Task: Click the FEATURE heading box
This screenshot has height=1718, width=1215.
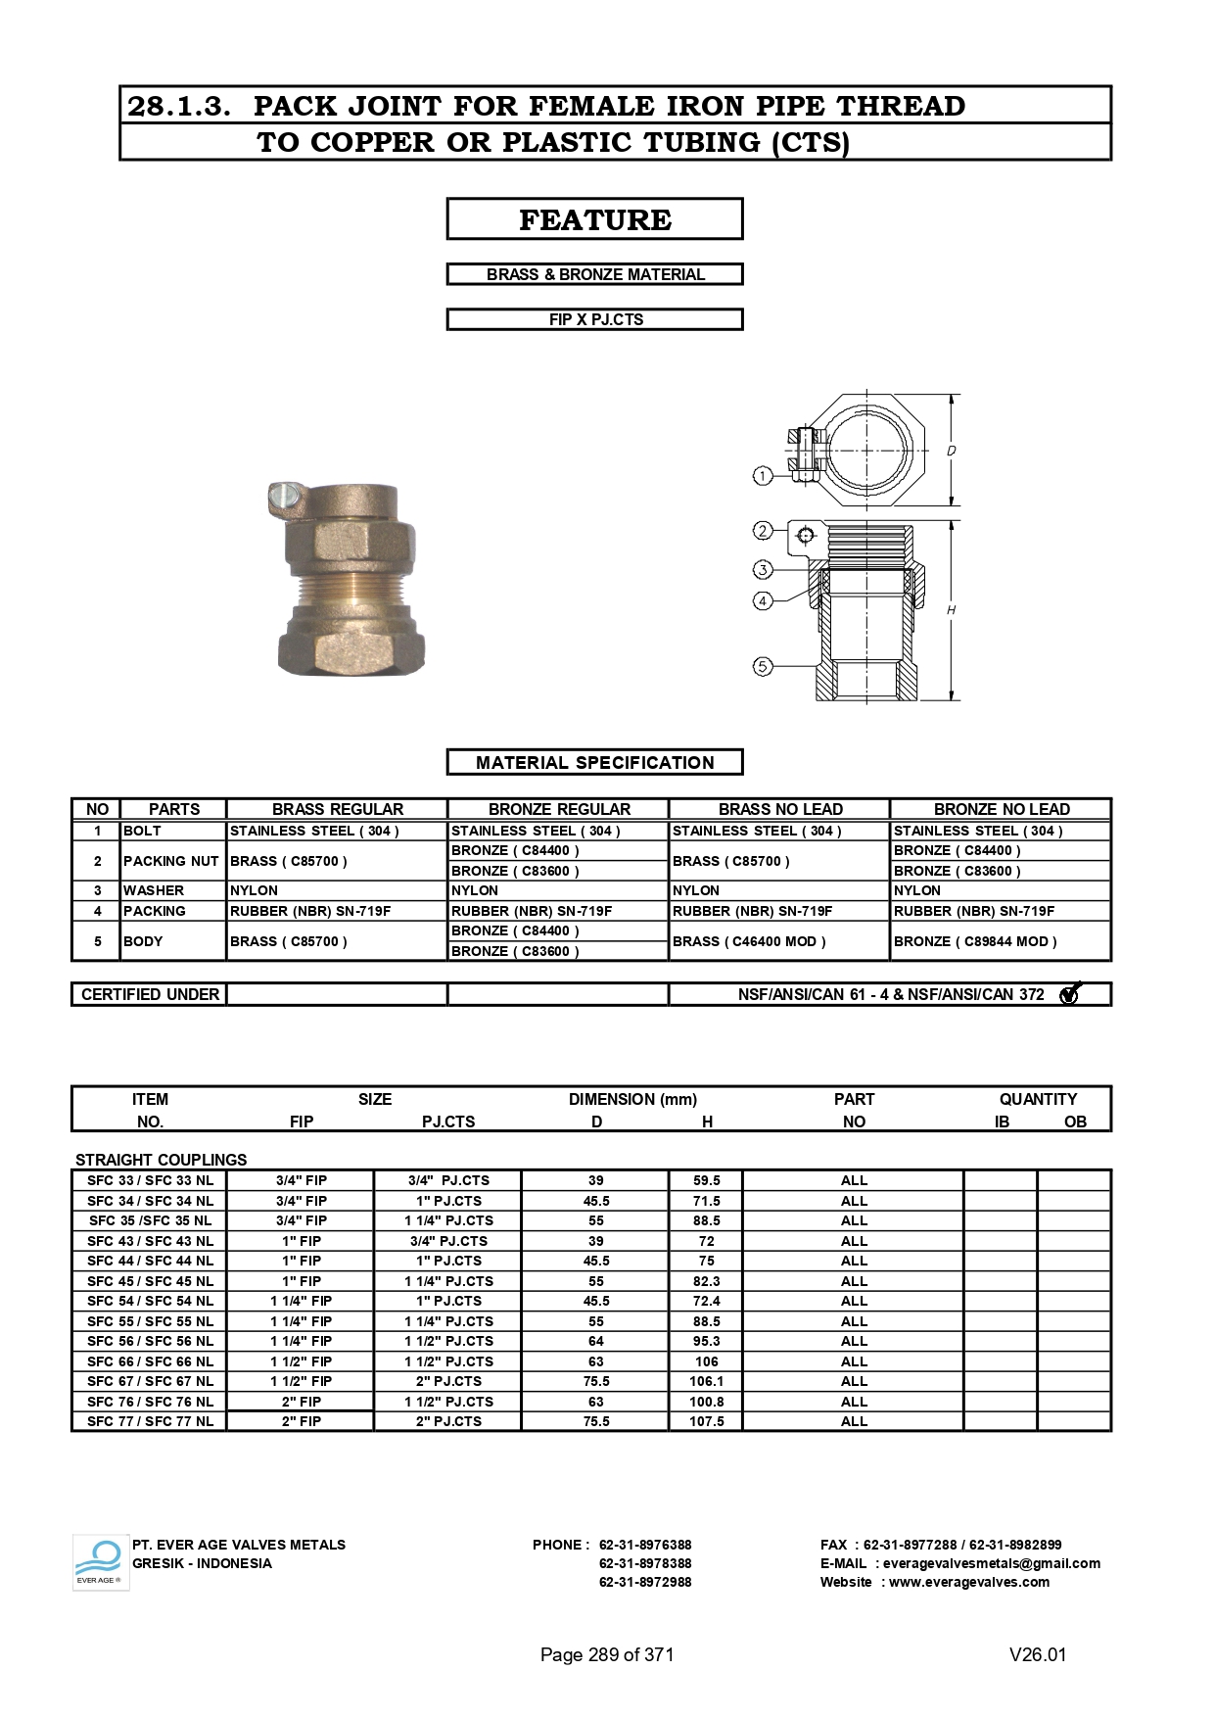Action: tap(594, 219)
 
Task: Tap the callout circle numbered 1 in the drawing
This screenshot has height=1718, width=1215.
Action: tap(763, 476)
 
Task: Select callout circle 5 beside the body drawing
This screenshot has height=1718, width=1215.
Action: tap(763, 667)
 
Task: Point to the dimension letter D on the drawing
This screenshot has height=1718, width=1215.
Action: tap(951, 452)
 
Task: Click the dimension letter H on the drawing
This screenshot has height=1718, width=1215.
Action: tap(951, 610)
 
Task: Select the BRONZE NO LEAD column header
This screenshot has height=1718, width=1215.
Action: tap(1001, 809)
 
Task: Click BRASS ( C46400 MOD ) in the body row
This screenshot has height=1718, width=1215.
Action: tap(749, 941)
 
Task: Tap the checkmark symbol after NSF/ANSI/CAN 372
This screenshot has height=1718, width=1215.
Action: tap(1069, 994)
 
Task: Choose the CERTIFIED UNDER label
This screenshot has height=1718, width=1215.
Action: tap(150, 994)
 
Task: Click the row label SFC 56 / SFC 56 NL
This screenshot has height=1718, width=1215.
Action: tap(150, 1341)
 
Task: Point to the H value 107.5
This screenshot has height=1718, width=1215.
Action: tap(706, 1421)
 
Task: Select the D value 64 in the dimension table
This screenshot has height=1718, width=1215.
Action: tap(595, 1341)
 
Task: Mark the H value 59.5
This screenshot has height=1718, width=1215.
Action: tap(706, 1180)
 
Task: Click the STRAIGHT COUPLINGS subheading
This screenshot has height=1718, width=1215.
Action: tap(161, 1159)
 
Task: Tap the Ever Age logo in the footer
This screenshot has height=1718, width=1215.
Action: tap(100, 1561)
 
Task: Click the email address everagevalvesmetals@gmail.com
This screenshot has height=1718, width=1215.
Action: tap(991, 1563)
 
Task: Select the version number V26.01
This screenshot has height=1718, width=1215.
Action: tap(1037, 1654)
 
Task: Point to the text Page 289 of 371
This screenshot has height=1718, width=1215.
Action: tap(606, 1654)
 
